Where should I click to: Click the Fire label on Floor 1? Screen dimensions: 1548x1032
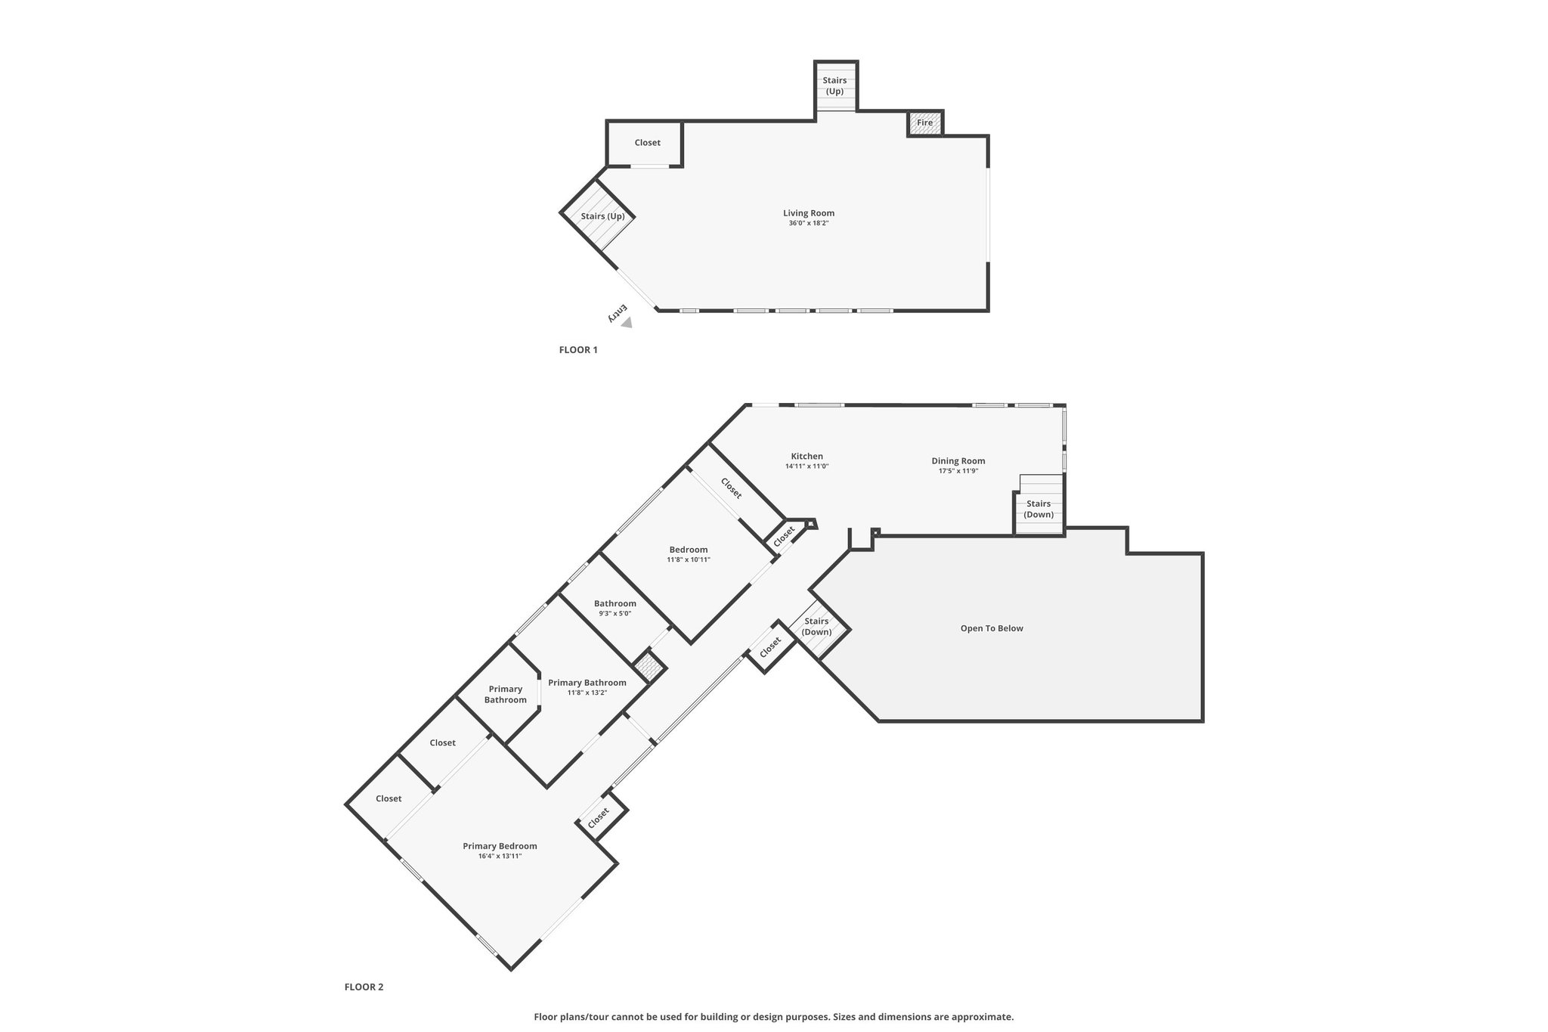point(925,122)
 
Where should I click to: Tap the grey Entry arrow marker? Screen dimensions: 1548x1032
point(627,323)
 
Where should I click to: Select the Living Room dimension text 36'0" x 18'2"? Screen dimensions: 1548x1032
point(809,223)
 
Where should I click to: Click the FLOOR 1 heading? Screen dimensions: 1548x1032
point(578,350)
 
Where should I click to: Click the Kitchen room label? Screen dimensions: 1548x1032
point(807,456)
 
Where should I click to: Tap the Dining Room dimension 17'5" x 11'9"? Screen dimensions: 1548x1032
point(958,471)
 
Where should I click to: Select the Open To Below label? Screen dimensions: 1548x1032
point(992,628)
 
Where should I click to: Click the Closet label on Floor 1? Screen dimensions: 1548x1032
point(648,143)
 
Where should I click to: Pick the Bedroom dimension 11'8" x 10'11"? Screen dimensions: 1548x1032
point(689,559)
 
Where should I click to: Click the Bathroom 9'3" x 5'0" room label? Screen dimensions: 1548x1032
point(615,603)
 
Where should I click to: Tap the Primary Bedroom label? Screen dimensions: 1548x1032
point(500,846)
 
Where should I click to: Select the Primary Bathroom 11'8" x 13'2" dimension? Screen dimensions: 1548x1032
point(587,693)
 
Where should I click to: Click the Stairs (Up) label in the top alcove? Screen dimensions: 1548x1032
point(834,85)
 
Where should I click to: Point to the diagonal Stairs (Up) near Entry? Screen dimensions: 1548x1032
point(602,216)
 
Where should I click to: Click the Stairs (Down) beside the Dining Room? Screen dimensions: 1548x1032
point(1039,509)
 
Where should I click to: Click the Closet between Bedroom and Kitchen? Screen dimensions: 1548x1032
point(731,488)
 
